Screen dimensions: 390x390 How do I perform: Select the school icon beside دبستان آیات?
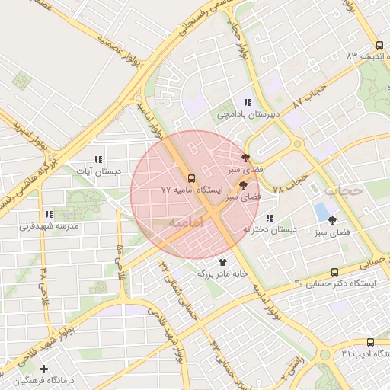click(97, 159)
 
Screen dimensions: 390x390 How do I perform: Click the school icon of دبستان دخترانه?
click(270, 219)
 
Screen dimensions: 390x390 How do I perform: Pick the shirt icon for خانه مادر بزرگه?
click(222, 261)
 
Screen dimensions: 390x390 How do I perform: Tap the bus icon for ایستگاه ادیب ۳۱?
click(370, 343)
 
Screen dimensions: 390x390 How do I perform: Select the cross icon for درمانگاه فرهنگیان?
click(44, 369)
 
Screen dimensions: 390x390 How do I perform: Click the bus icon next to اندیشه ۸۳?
click(380, 45)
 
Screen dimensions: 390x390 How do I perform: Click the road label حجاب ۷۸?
click(290, 182)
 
